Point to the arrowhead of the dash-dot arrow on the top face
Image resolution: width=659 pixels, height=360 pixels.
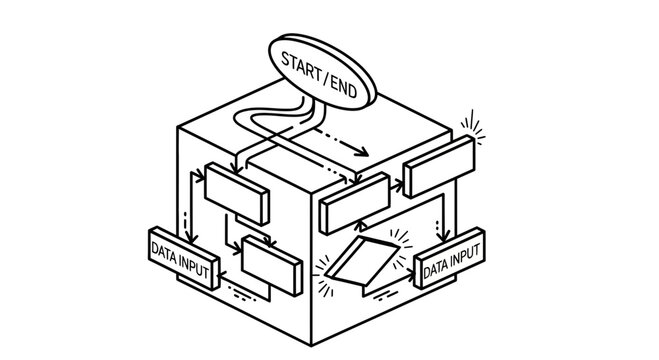362,152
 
